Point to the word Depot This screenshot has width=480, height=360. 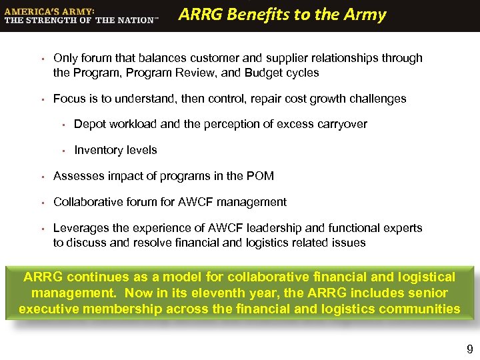[89, 124]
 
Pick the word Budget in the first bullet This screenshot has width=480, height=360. [245, 73]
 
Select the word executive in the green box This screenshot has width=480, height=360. [50, 309]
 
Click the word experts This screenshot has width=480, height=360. [403, 228]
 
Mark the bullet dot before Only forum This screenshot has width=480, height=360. [41, 59]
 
